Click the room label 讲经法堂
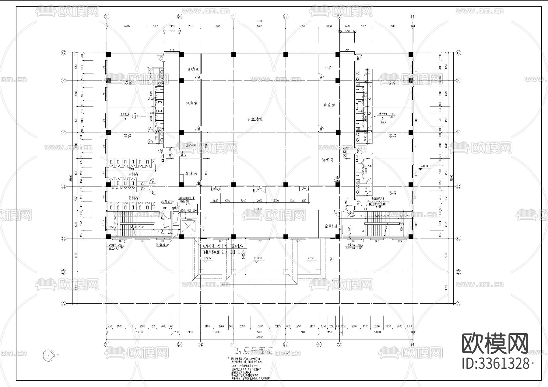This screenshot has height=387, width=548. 255,119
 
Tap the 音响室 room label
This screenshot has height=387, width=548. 193,69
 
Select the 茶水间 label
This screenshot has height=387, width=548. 191,174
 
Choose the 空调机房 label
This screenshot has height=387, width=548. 329,226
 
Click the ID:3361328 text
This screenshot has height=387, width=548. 496,364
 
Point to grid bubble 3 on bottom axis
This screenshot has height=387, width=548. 200,344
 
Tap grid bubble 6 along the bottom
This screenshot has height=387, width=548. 319,344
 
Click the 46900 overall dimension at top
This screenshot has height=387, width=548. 259,22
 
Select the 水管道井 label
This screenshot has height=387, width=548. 167,201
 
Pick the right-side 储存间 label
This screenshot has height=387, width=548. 327,160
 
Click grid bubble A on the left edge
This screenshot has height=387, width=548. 64,303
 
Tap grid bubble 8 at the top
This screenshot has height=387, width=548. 413,16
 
